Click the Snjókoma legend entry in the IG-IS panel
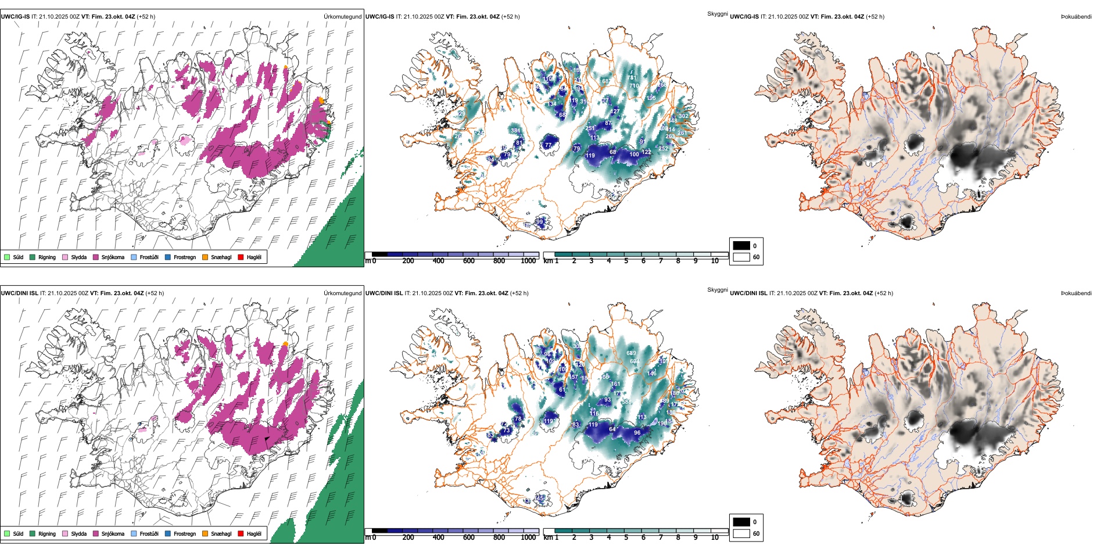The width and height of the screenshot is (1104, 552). (x=113, y=257)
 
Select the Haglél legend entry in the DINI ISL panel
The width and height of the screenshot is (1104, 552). (x=254, y=534)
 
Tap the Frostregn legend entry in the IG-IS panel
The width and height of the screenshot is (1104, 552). (x=185, y=257)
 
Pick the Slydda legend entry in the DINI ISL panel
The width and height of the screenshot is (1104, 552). (x=78, y=534)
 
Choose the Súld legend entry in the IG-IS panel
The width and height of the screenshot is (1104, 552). (x=18, y=257)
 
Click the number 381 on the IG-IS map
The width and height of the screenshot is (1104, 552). (x=515, y=131)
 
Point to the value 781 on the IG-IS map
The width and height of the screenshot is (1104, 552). (x=632, y=78)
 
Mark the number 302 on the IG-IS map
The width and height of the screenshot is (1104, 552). (x=683, y=116)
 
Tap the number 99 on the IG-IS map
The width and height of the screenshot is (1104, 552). (x=540, y=222)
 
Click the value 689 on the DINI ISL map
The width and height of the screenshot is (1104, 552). (x=631, y=353)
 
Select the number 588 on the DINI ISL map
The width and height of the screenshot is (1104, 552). (x=626, y=402)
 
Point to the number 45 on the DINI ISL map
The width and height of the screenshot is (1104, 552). (x=540, y=499)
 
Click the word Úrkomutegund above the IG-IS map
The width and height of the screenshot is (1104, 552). (x=342, y=17)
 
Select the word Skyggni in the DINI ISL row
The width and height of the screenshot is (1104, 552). (x=717, y=290)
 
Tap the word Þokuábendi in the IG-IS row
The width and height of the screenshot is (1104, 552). (x=1076, y=17)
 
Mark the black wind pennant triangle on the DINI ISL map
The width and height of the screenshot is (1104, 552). (x=266, y=440)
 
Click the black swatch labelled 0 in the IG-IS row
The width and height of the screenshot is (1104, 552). (x=741, y=246)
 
